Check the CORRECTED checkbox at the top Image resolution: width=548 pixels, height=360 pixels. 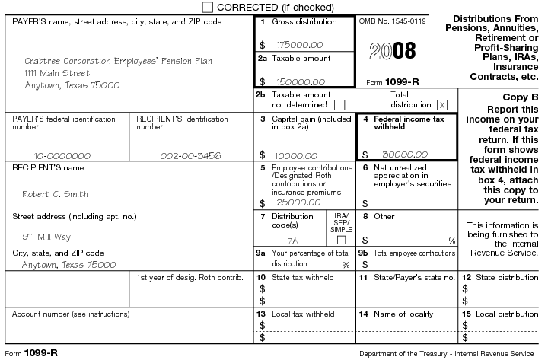click(x=209, y=7)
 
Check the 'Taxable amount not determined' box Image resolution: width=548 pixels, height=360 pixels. click(x=339, y=104)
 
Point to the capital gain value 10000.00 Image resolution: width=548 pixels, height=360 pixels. click(x=295, y=154)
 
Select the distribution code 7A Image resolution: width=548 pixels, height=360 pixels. click(x=282, y=238)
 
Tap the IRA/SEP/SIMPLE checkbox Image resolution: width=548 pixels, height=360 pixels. click(x=341, y=239)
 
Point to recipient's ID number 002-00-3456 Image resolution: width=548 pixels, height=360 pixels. click(x=190, y=154)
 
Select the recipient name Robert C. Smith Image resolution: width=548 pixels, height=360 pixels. click(x=55, y=193)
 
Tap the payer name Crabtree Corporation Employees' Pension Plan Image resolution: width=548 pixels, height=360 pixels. click(x=119, y=61)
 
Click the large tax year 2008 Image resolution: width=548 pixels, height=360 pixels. click(x=393, y=51)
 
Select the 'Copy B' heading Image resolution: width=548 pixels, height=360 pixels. click(x=521, y=97)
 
